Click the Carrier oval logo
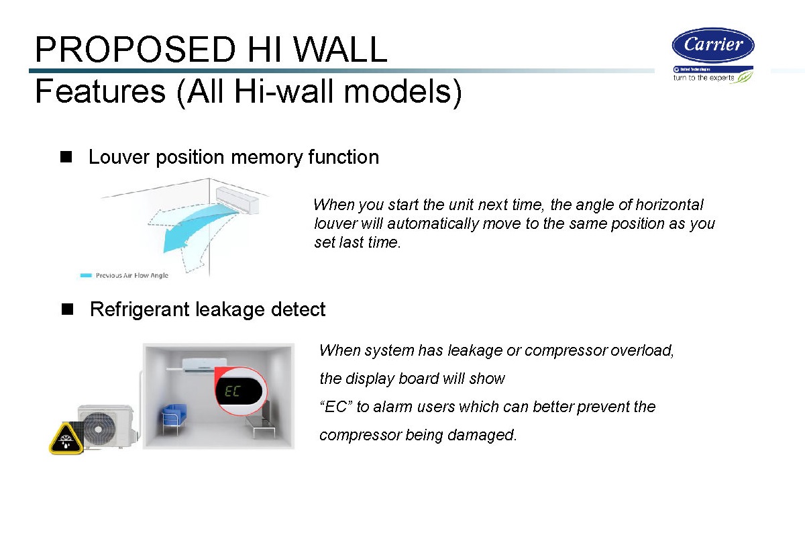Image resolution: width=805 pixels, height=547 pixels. [713, 45]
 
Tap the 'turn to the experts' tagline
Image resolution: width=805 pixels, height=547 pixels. [704, 78]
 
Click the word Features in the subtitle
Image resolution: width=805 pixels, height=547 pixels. [101, 91]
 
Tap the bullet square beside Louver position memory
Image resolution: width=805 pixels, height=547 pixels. [66, 157]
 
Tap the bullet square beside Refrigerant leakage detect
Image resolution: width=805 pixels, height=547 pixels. [67, 309]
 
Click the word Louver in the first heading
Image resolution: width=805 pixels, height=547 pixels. [119, 157]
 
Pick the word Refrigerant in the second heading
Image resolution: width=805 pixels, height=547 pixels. [140, 309]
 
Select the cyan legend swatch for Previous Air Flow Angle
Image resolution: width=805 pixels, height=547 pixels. [86, 275]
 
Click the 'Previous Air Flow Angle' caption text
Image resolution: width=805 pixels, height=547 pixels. [132, 275]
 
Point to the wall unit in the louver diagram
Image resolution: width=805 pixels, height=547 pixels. [237, 199]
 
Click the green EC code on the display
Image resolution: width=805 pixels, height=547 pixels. [232, 391]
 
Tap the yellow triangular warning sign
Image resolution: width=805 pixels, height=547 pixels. [66, 439]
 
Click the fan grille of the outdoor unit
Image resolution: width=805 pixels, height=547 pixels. [98, 429]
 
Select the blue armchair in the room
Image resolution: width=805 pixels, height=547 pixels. [174, 417]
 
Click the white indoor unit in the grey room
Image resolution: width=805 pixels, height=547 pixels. [203, 365]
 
